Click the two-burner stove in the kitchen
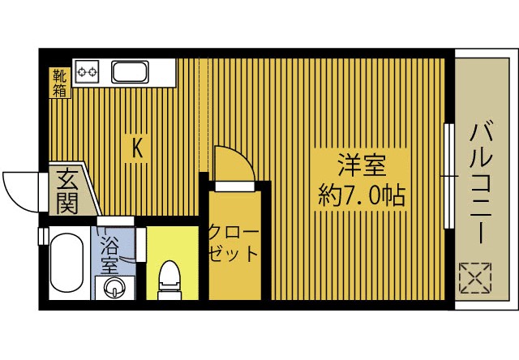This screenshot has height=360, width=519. [87, 72]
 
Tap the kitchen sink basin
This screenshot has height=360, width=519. [130, 72]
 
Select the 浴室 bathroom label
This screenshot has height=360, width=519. [108, 256]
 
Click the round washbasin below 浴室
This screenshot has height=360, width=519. [113, 286]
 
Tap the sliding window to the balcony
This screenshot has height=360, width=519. [448, 175]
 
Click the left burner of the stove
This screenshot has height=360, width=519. [81, 72]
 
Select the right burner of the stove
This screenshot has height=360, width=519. [93, 72]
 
